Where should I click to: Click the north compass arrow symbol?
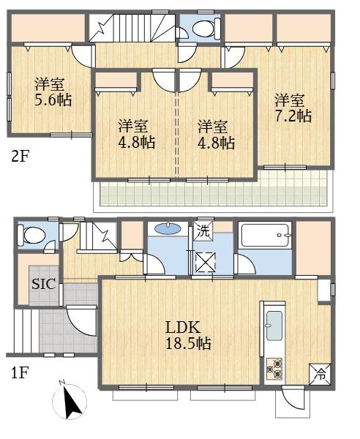tap(71, 401)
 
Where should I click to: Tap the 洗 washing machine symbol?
tap(203, 230)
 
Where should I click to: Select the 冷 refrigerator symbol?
tap(320, 375)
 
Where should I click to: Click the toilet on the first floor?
tap(34, 236)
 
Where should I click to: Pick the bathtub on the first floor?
tap(265, 238)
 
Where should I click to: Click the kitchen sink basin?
tap(274, 326)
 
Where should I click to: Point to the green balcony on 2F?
tap(212, 192)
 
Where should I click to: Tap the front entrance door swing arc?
tap(80, 322)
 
